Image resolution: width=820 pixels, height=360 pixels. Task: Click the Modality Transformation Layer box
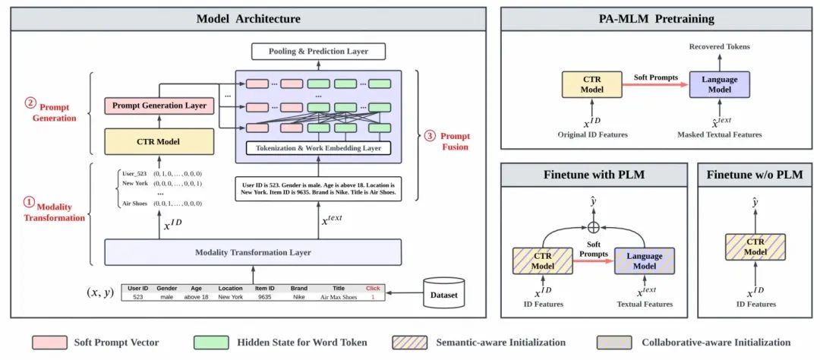pyautogui.click(x=253, y=252)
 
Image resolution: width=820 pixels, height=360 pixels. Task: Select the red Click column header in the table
pyautogui.click(x=373, y=289)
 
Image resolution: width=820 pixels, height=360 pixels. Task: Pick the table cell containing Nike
pyautogui.click(x=299, y=298)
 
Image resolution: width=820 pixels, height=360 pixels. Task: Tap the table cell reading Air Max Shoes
pyautogui.click(x=338, y=298)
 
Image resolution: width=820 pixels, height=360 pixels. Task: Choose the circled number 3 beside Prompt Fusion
pyautogui.click(x=430, y=136)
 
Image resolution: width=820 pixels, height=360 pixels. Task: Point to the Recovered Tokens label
pyautogui.click(x=719, y=47)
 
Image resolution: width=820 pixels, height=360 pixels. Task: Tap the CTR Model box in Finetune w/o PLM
pyautogui.click(x=755, y=247)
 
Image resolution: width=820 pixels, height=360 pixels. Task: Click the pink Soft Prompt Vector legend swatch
pyautogui.click(x=49, y=343)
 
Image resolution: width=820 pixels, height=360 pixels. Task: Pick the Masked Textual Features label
pyautogui.click(x=719, y=134)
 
